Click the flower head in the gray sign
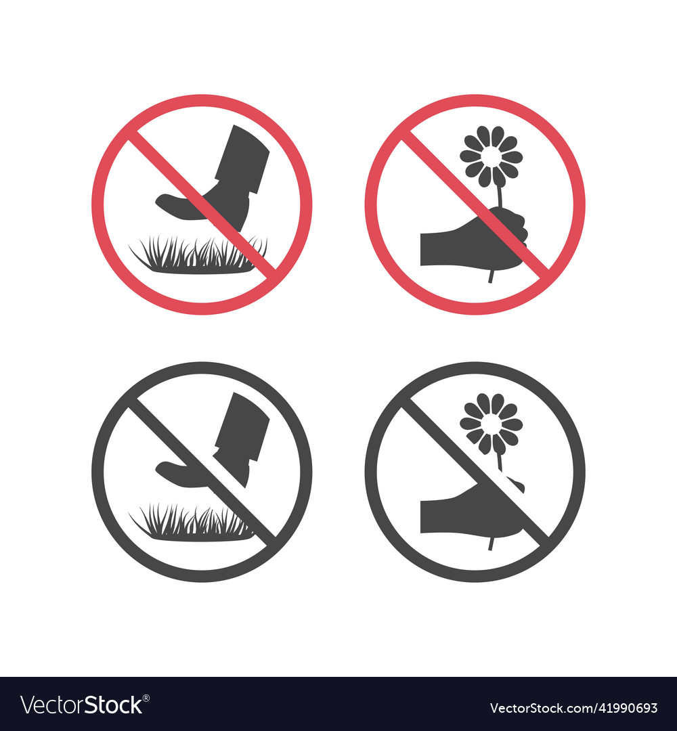click(x=491, y=424)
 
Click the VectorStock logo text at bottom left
click(x=81, y=705)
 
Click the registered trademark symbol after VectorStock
click(x=147, y=698)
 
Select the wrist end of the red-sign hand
click(x=424, y=249)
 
